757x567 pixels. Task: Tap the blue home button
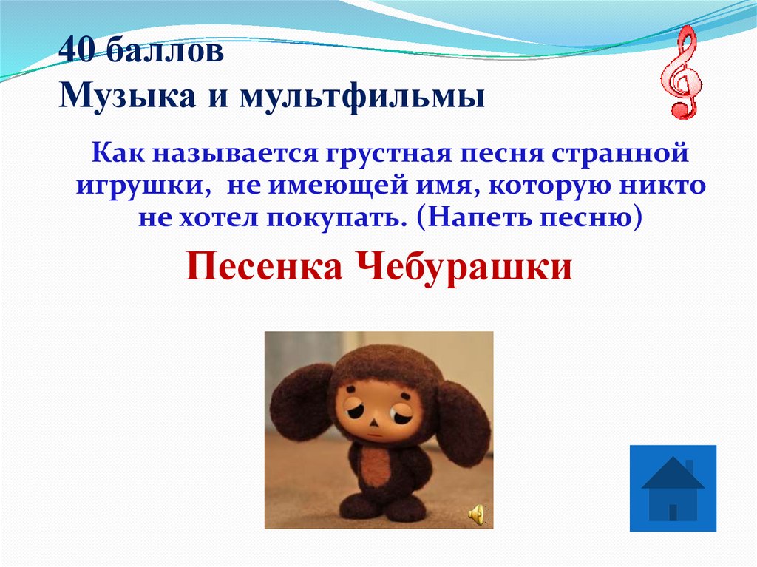pos(673,488)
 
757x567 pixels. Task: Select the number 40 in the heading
pos(75,52)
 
